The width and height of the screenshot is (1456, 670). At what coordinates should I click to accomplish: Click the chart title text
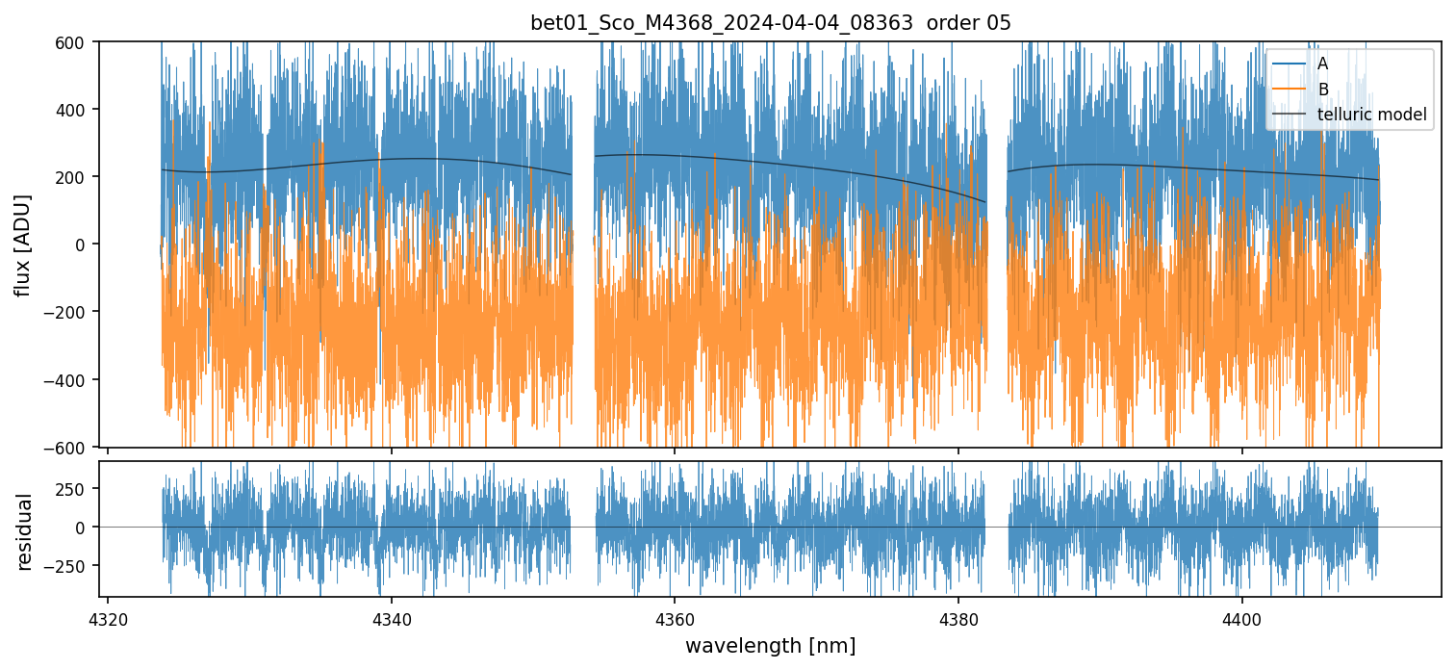click(x=770, y=23)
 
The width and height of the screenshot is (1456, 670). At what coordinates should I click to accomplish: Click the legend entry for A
click(x=1322, y=64)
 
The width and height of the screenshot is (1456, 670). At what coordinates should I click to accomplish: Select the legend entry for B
click(x=1322, y=90)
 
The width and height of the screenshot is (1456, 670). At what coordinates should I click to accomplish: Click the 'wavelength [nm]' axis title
click(x=770, y=645)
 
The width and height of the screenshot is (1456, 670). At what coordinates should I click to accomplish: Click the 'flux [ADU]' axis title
click(x=23, y=245)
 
